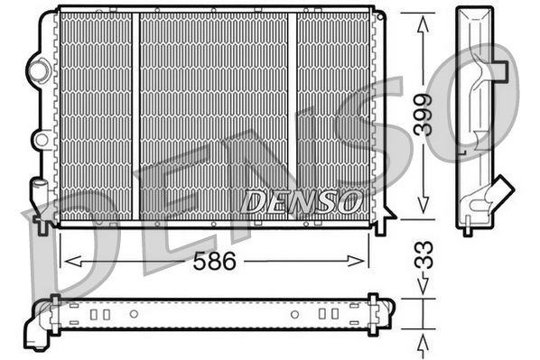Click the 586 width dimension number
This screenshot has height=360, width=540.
tap(216, 262)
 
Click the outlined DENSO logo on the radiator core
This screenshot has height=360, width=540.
tap(301, 201)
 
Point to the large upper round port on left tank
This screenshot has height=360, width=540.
tap(39, 68)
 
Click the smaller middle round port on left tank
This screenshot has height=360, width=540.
tap(40, 139)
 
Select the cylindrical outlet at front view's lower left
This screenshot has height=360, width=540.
tap(40, 195)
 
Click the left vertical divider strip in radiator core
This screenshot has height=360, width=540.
tap(135, 115)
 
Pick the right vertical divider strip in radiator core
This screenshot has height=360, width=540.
tap(293, 115)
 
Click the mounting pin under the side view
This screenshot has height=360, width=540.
tap(467, 229)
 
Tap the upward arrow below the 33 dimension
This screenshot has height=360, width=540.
tap(422, 342)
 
